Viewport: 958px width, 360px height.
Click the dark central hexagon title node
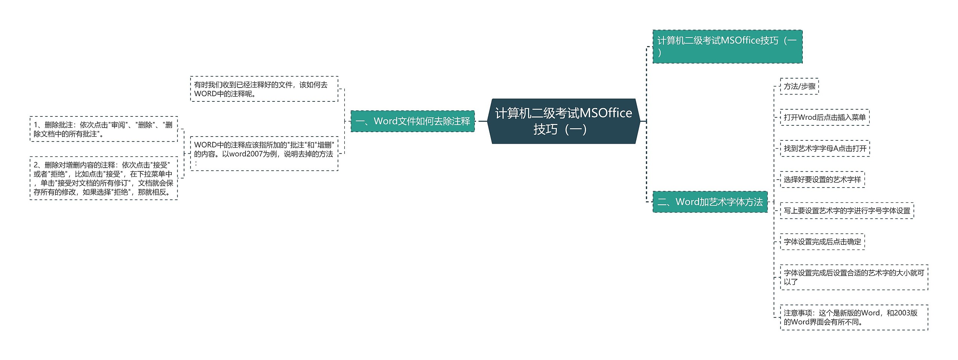tap(564, 121)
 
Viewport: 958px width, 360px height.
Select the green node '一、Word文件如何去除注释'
tap(412, 121)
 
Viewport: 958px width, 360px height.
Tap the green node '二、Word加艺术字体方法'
tap(710, 202)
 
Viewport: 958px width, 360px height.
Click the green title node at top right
tap(727, 46)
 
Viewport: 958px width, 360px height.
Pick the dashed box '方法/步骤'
tap(799, 86)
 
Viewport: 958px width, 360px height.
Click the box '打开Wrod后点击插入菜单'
tap(824, 118)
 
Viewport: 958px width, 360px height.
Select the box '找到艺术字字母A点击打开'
tap(825, 149)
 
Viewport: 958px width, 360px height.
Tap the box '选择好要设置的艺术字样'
tap(822, 180)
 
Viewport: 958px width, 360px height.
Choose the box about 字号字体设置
tap(847, 211)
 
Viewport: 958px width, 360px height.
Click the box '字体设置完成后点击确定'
tap(822, 242)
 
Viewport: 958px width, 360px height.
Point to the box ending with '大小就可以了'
tap(854, 277)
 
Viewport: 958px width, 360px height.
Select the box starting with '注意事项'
tap(854, 317)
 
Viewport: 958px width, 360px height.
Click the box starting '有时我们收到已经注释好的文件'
tap(264, 89)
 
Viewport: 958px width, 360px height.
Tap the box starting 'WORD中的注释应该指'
tap(264, 154)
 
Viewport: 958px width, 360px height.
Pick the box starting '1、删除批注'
tap(104, 129)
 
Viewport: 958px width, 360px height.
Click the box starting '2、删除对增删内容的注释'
tap(104, 179)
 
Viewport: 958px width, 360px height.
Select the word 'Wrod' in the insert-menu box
tap(807, 118)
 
